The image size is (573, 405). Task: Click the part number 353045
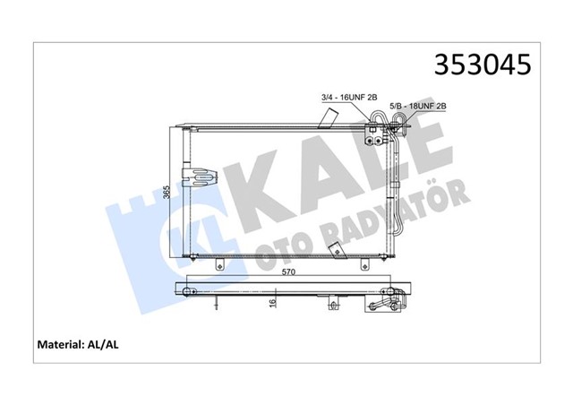click(x=483, y=65)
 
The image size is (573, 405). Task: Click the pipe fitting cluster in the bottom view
click(x=387, y=301)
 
